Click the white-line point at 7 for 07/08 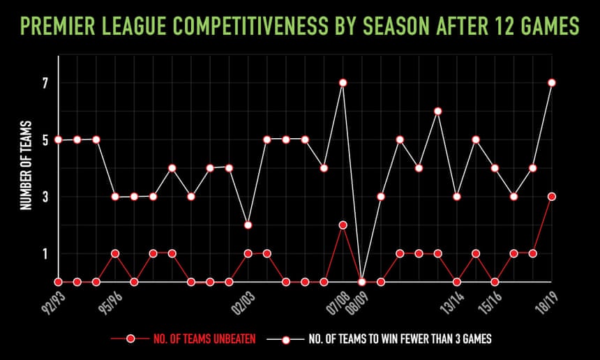pyautogui.click(x=343, y=83)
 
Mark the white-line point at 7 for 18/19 pyautogui.click(x=552, y=83)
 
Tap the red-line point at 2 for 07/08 pyautogui.click(x=343, y=225)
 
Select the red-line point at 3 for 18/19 pyautogui.click(x=552, y=197)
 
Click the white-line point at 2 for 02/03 pyautogui.click(x=248, y=225)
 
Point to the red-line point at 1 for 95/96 pyautogui.click(x=115, y=253)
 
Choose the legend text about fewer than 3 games pyautogui.click(x=401, y=339)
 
